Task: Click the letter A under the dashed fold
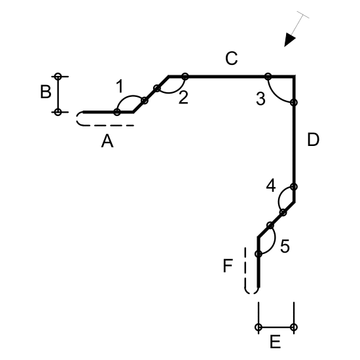tap(107, 141)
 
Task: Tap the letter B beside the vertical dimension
tap(46, 92)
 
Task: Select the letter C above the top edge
tap(231, 58)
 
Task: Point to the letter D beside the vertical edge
tap(313, 139)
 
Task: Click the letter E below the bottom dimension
tap(276, 342)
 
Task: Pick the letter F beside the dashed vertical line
tap(228, 266)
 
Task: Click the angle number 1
tap(119, 86)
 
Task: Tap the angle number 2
tap(183, 98)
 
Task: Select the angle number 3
tap(261, 99)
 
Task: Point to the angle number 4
tap(271, 185)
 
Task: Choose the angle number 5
tap(285, 246)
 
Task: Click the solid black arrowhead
tap(289, 40)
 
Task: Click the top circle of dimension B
tap(58, 77)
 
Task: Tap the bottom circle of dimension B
tap(58, 113)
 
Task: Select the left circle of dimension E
tap(259, 327)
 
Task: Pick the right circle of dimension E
tap(294, 327)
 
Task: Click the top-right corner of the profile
tap(294, 76)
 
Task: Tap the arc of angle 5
tap(275, 241)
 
